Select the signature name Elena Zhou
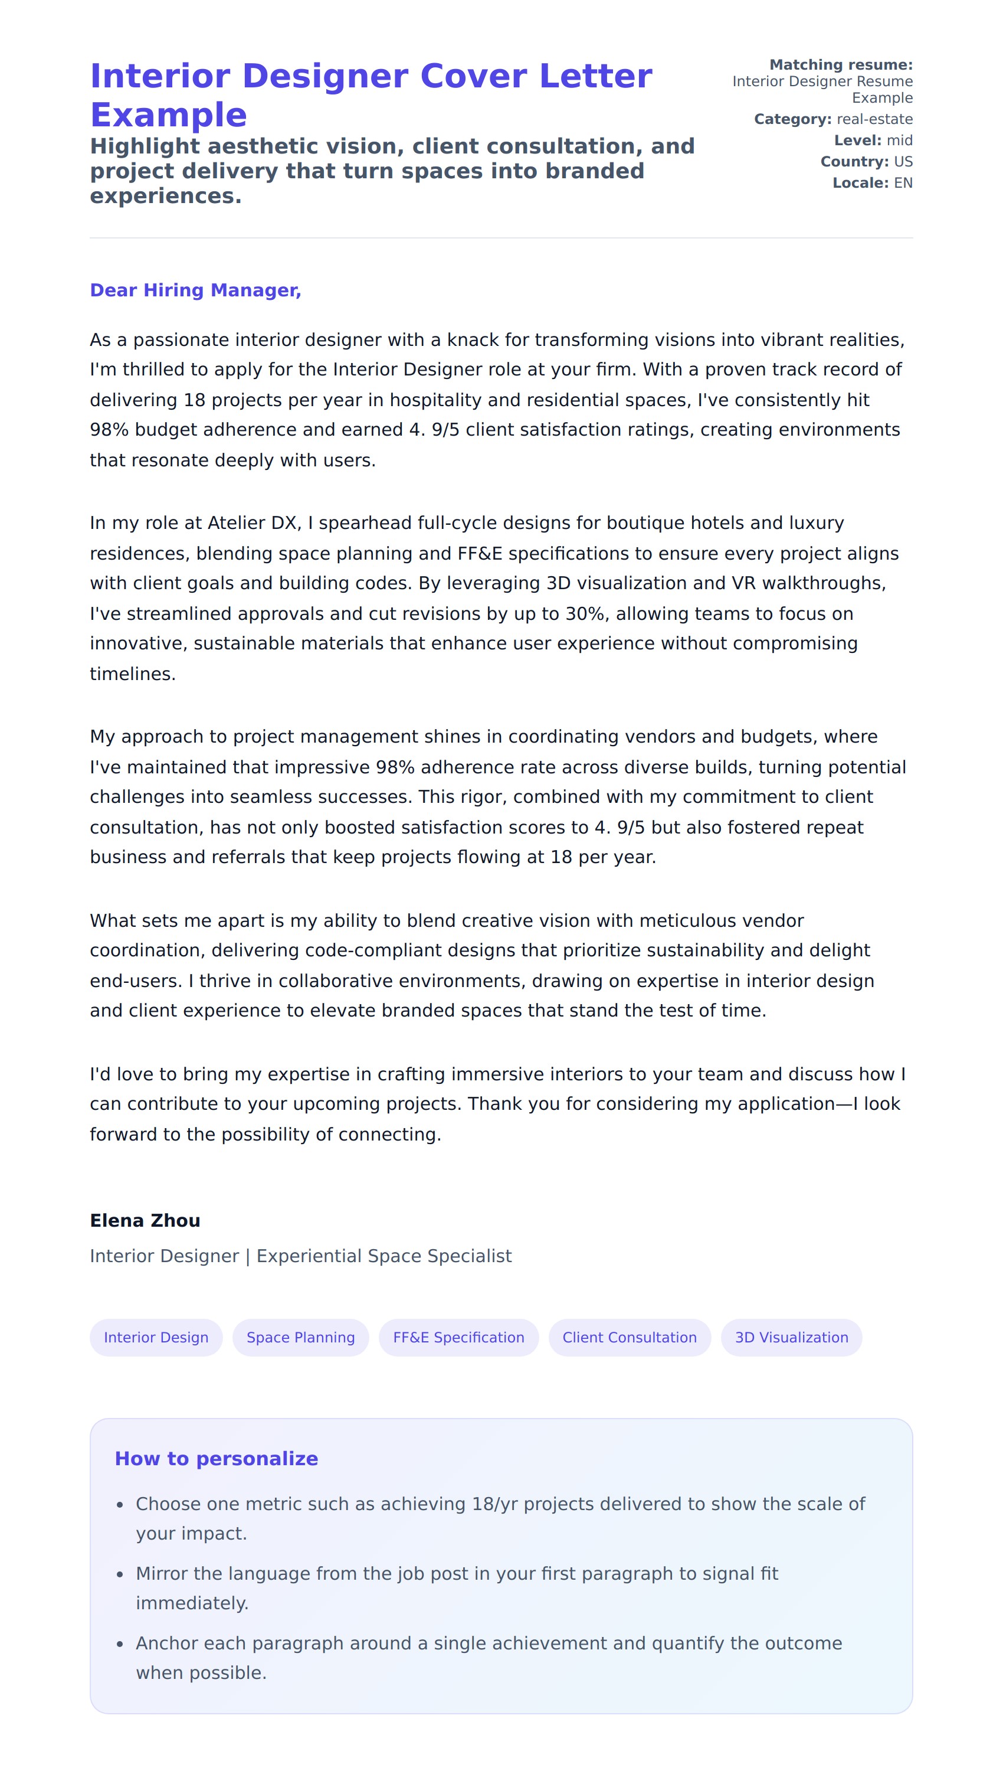[145, 1220]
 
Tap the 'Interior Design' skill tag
[156, 1338]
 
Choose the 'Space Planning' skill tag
[300, 1338]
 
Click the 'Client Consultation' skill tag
[629, 1338]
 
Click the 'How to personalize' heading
[217, 1459]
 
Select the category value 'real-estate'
[874, 119]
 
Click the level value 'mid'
[899, 140]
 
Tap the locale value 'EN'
[903, 184]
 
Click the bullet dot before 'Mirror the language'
[120, 1574]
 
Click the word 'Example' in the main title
[168, 115]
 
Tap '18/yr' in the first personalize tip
[494, 1504]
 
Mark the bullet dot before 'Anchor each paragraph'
[120, 1644]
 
